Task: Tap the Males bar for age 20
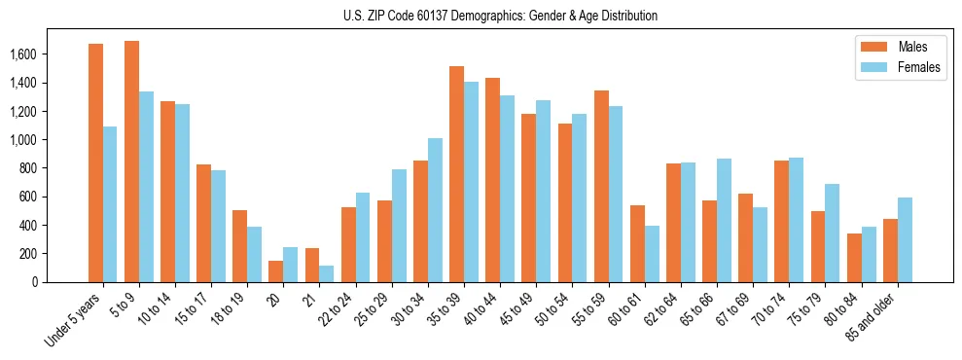(276, 271)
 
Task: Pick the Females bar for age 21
(327, 273)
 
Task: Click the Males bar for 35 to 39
(456, 174)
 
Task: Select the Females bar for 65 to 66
(724, 220)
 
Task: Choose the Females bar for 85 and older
(905, 239)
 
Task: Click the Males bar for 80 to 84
(854, 258)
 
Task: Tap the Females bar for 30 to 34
(435, 210)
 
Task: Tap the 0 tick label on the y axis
(62, 282)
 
